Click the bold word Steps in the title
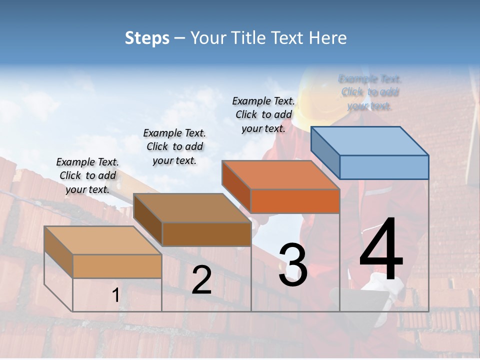(x=147, y=38)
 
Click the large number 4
(x=381, y=250)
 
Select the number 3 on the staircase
(x=293, y=265)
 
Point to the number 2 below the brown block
(x=201, y=280)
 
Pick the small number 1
(x=115, y=295)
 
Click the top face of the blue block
(x=370, y=141)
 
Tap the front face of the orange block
(x=295, y=201)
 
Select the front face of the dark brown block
(x=206, y=234)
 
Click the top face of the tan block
(x=102, y=240)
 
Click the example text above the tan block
(x=87, y=175)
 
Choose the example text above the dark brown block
(x=174, y=146)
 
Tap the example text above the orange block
(x=263, y=114)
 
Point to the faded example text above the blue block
(x=370, y=92)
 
